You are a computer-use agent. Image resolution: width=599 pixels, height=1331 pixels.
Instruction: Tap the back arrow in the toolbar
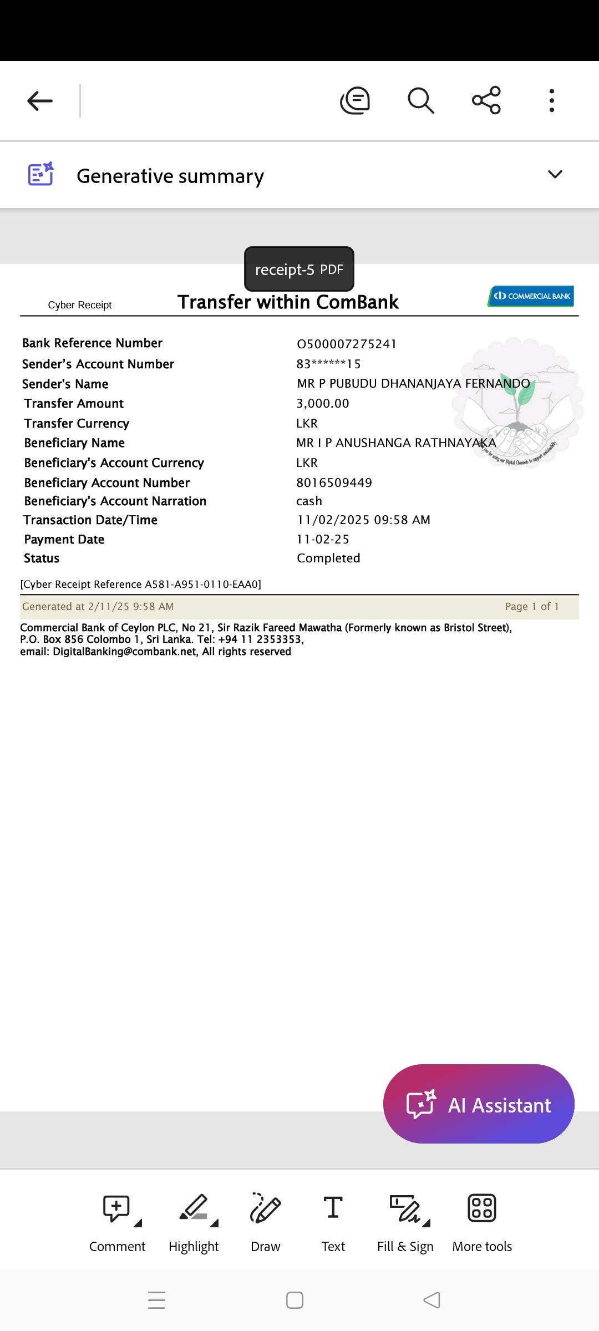(40, 101)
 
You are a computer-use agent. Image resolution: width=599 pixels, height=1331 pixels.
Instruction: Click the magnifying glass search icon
(420, 101)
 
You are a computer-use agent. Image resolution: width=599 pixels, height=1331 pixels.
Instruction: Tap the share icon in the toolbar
(486, 100)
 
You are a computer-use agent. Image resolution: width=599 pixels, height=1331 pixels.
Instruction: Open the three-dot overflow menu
(551, 101)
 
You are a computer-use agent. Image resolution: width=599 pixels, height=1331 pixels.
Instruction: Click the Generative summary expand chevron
(555, 175)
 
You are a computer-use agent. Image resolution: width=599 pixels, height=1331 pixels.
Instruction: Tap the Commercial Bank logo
(531, 296)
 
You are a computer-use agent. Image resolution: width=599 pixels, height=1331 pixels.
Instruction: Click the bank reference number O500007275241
(347, 344)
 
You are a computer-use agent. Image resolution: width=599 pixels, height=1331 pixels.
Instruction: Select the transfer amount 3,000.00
(323, 403)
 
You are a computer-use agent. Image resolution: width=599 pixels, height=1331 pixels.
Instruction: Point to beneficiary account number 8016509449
(334, 482)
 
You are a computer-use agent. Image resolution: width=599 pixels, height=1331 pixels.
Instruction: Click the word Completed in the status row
(328, 558)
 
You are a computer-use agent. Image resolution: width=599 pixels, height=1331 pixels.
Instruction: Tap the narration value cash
(309, 501)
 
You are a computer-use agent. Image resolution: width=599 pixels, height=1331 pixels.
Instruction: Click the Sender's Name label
(65, 384)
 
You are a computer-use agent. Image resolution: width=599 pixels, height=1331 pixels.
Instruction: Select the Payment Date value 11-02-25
(323, 539)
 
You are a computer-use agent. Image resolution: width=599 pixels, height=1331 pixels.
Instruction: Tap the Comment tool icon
(116, 1208)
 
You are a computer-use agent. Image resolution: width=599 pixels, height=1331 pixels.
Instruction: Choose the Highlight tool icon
(194, 1208)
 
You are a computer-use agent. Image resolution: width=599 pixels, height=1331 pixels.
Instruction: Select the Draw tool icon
(265, 1208)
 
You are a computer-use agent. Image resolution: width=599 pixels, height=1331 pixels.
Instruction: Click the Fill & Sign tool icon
(405, 1208)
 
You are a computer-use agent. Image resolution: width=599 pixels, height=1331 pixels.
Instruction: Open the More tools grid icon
(482, 1208)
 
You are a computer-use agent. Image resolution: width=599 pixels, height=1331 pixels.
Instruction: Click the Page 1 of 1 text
(531, 606)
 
